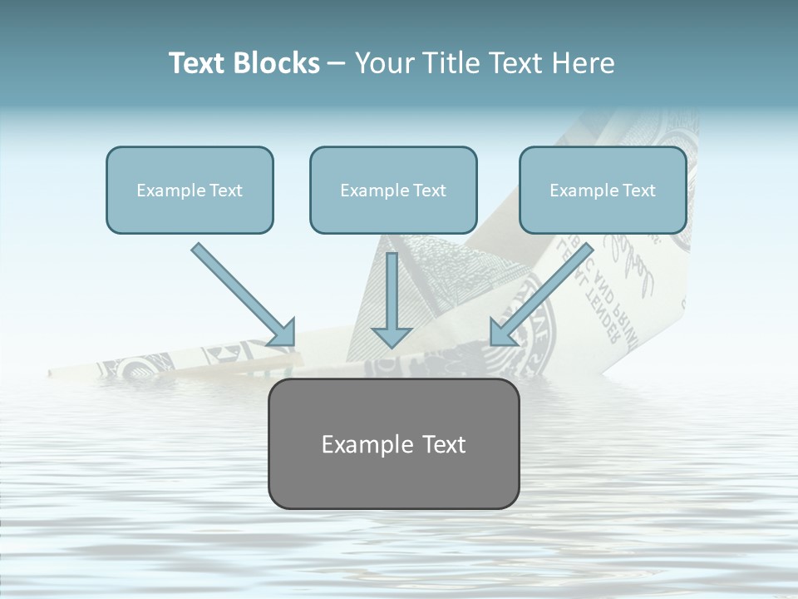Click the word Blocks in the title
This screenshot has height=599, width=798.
[276, 63]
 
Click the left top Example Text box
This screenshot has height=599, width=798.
[190, 190]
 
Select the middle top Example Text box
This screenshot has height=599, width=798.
[393, 190]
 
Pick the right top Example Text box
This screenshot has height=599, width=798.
[603, 190]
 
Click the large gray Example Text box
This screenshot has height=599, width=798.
[393, 443]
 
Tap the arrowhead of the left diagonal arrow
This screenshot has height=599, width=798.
[282, 332]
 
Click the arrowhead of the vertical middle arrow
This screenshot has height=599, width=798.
[392, 336]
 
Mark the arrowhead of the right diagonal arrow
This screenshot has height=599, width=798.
[504, 332]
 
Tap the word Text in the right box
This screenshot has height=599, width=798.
[638, 191]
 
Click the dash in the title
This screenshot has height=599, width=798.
[337, 63]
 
